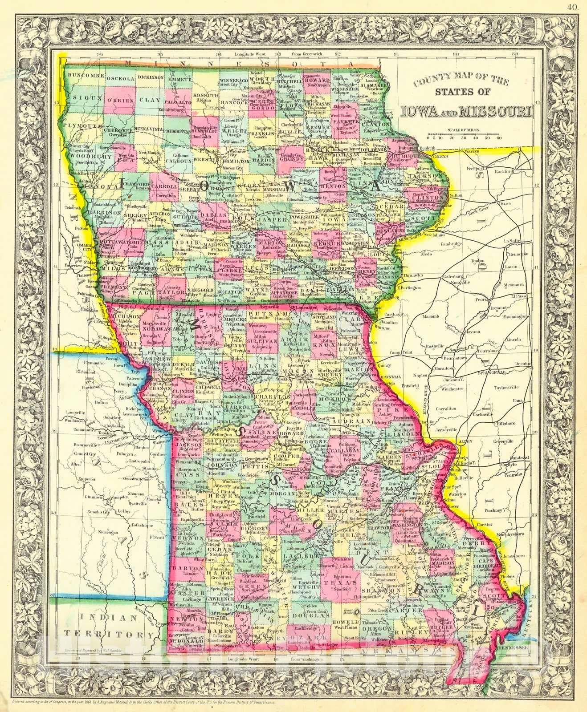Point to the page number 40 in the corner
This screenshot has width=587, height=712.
572,6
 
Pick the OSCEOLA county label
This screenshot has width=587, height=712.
120,78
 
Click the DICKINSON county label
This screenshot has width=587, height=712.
151,77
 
